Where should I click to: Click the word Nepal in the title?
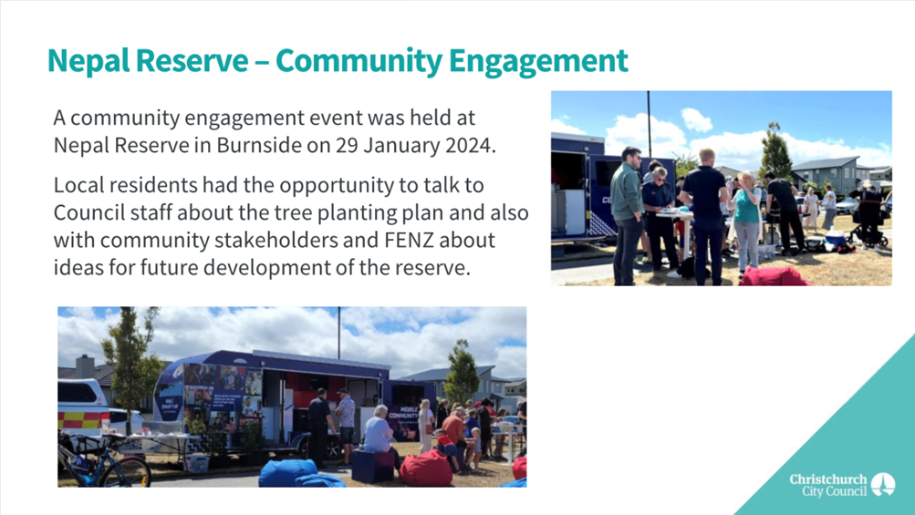[88, 61]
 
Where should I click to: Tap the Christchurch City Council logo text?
[828, 485]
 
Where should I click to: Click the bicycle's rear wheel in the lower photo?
[130, 471]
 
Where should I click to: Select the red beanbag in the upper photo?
[773, 276]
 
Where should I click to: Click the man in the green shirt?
[628, 215]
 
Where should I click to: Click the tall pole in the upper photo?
[649, 123]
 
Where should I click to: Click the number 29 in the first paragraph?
[347, 145]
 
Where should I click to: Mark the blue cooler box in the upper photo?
[835, 239]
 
